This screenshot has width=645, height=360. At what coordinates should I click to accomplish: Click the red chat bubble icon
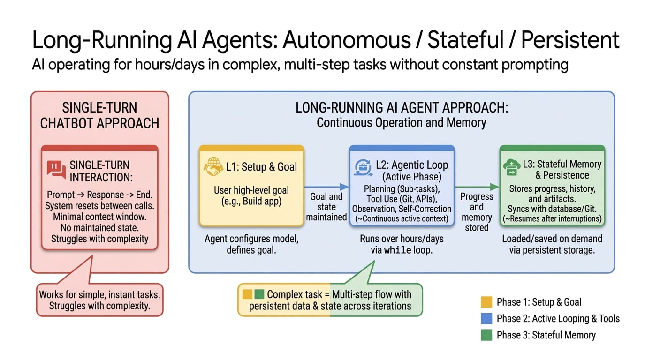[x=56, y=170]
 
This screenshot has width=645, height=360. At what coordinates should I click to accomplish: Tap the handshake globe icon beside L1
[x=212, y=167]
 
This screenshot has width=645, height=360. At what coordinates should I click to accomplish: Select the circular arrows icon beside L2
[x=364, y=167]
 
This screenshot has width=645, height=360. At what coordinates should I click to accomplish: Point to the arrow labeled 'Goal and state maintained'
[x=326, y=187]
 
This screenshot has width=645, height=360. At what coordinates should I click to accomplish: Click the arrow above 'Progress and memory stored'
[x=477, y=187]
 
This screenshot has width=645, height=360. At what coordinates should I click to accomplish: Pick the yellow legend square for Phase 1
[x=487, y=302]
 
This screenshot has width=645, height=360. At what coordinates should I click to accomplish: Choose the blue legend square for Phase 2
[x=487, y=319]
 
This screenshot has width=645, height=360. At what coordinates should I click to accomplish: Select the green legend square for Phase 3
[x=487, y=335]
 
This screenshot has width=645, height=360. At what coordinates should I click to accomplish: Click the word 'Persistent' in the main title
[x=570, y=41]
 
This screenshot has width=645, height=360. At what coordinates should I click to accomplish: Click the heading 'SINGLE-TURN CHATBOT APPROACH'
[x=99, y=116]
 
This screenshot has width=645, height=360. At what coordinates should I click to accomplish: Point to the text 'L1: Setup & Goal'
[x=262, y=167]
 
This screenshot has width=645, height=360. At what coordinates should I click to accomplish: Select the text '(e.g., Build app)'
[x=251, y=202]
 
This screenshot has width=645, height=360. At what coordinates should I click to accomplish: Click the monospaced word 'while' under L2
[x=397, y=250]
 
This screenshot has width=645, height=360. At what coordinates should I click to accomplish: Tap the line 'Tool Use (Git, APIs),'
[x=401, y=199]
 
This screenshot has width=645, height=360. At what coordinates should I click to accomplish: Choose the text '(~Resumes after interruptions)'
[x=552, y=219]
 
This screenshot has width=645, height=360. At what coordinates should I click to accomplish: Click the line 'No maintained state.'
[x=99, y=228]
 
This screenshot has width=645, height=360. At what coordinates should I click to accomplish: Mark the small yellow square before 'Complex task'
[x=247, y=295]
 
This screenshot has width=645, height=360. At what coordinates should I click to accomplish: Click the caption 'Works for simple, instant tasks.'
[x=99, y=295]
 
